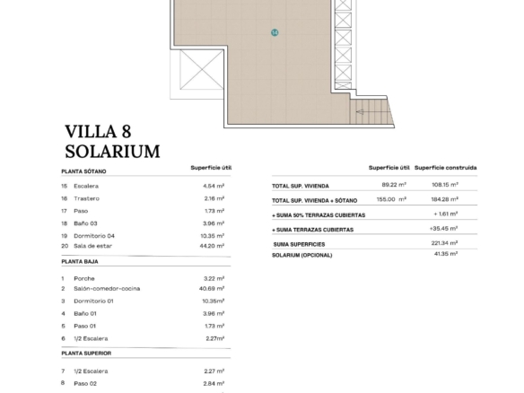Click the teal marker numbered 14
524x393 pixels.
(x=275, y=32)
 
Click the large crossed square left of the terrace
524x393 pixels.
(x=202, y=69)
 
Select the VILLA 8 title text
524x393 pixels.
(x=98, y=131)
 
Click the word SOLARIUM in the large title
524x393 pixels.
(x=112, y=152)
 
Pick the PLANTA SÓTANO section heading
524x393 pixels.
(x=83, y=171)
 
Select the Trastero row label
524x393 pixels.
(x=86, y=198)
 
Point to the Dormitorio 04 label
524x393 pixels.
(x=94, y=236)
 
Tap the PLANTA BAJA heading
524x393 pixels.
(x=80, y=262)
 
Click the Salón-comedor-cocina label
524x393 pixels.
(x=107, y=289)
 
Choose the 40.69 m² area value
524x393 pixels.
(x=212, y=288)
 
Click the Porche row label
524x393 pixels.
(x=84, y=279)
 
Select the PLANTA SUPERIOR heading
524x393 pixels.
(x=86, y=354)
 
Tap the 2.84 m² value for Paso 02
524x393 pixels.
(x=214, y=384)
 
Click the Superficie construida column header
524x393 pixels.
(x=445, y=168)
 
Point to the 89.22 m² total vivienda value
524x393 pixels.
(x=394, y=185)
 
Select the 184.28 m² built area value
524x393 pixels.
(x=444, y=199)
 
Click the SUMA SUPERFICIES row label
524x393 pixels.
(x=299, y=244)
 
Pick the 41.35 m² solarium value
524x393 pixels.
(x=445, y=254)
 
